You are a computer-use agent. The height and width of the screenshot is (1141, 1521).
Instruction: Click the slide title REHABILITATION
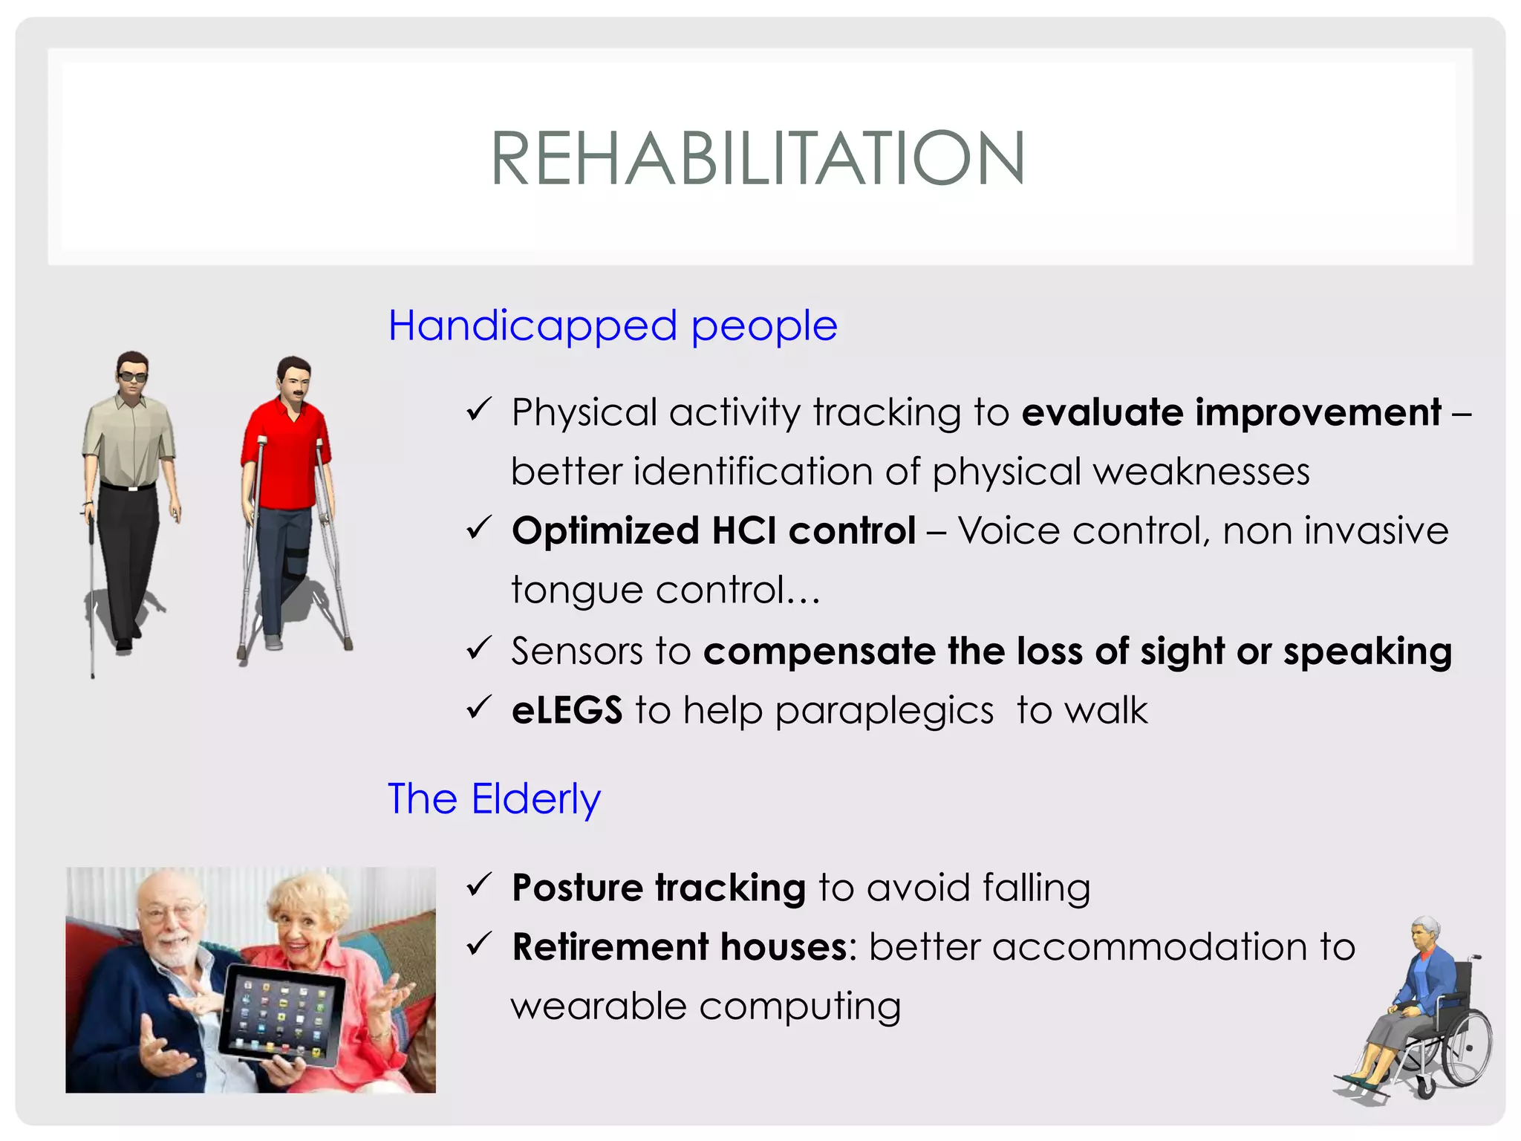[x=758, y=158]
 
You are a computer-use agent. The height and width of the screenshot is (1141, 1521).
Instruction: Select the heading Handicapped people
[x=613, y=326]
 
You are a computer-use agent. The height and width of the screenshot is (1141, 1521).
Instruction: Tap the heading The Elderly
[x=494, y=799]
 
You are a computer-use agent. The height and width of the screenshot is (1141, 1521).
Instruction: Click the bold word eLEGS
[x=567, y=710]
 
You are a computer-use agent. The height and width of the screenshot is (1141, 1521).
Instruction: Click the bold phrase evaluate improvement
[x=1231, y=412]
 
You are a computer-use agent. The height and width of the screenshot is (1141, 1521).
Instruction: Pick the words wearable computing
[x=706, y=1007]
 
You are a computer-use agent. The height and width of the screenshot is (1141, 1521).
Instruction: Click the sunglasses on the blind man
[x=133, y=377]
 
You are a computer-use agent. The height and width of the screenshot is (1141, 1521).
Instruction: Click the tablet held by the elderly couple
[x=284, y=1014]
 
